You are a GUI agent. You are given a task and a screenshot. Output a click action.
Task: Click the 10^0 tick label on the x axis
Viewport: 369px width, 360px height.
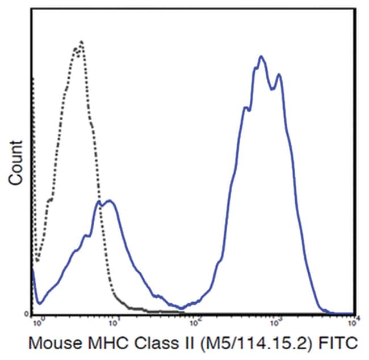point(38,321)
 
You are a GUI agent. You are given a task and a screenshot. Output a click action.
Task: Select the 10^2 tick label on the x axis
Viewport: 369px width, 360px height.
point(196,321)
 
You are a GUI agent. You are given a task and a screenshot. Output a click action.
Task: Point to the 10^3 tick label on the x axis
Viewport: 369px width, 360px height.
point(275,321)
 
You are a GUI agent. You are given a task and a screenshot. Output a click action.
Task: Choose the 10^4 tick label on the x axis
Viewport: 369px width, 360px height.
point(353,321)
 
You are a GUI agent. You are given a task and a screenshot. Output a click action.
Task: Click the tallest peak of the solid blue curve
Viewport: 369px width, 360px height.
point(261,56)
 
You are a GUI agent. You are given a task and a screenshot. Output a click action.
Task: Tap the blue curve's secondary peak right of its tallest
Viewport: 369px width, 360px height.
point(278,74)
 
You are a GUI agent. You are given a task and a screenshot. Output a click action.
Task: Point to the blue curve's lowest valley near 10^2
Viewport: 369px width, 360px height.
point(182,308)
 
